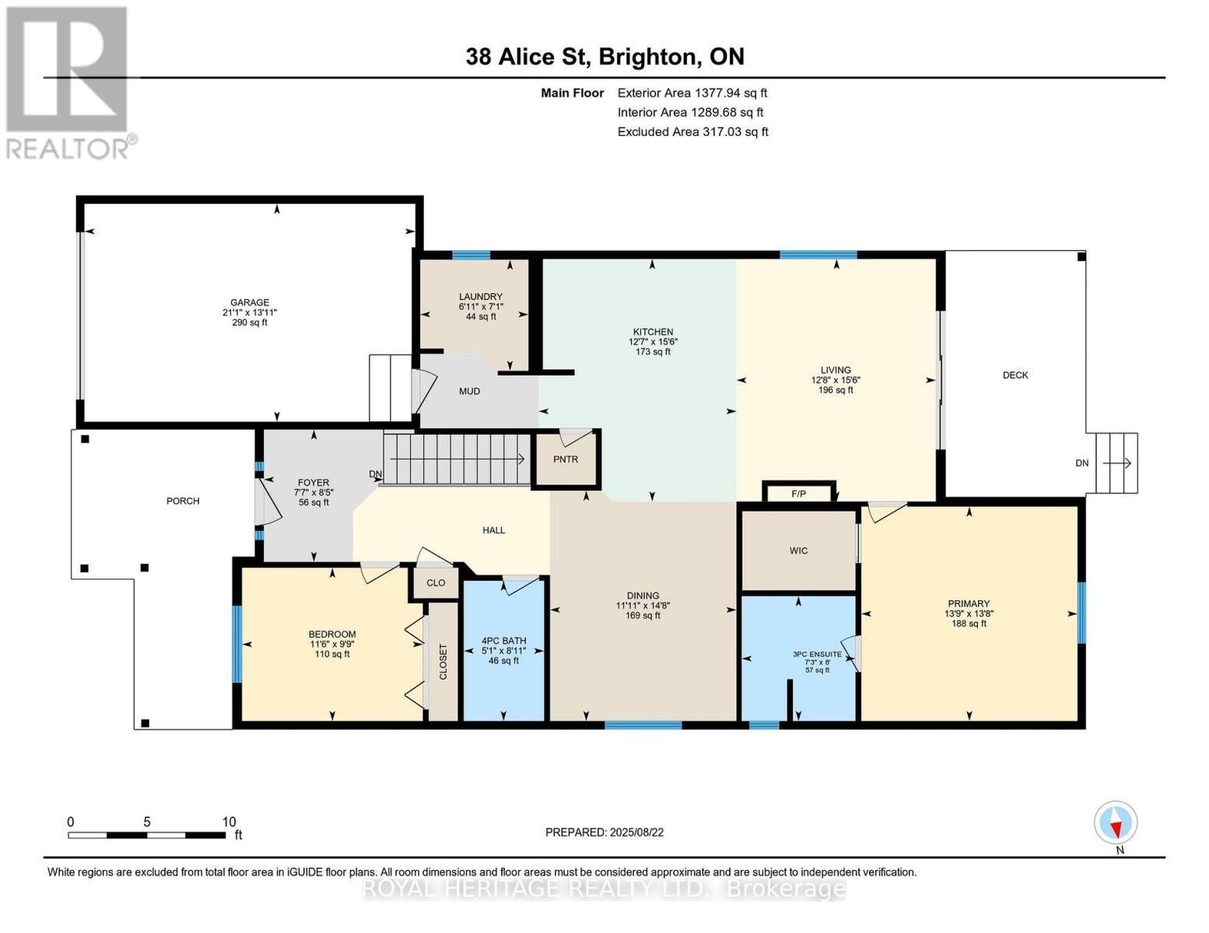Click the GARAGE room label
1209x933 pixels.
click(x=249, y=302)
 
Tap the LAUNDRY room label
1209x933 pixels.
click(x=481, y=296)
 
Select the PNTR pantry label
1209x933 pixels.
click(x=566, y=460)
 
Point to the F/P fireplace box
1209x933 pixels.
click(x=798, y=493)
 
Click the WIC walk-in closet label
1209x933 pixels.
click(x=798, y=550)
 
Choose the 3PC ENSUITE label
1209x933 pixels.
click(x=818, y=655)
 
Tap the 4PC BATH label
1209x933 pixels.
click(x=503, y=641)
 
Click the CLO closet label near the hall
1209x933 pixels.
click(x=436, y=582)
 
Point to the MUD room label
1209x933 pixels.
click(x=469, y=391)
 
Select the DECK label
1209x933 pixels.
click(x=1015, y=376)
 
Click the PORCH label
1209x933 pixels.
click(x=183, y=501)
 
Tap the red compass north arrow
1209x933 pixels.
click(x=1116, y=830)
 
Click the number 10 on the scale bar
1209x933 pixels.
click(x=230, y=822)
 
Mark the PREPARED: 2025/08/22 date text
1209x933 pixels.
click(x=604, y=833)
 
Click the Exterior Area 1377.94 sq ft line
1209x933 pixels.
click(x=692, y=93)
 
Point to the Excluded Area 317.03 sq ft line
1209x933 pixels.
click(x=692, y=131)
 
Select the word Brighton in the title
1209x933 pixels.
click(x=647, y=57)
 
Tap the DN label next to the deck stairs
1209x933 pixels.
click(x=1081, y=463)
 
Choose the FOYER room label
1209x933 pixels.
click(x=314, y=483)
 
